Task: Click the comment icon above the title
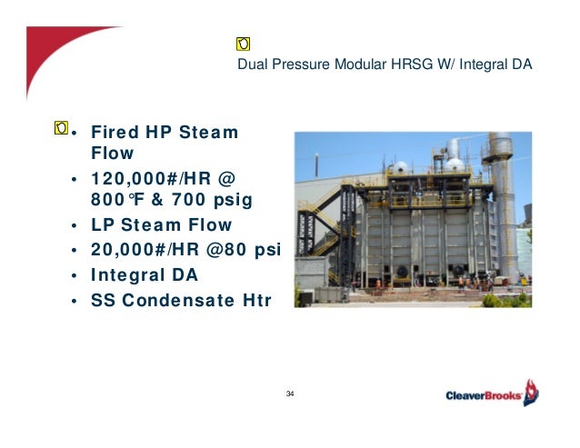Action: click(244, 43)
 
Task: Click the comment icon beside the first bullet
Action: click(61, 126)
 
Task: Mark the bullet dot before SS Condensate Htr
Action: click(74, 300)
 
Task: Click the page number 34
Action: click(290, 393)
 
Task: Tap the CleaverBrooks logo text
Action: click(483, 395)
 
